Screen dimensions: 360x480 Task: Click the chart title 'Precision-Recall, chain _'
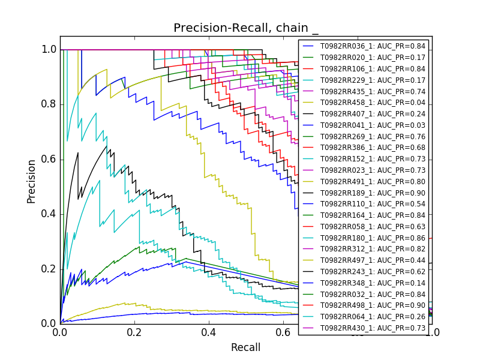tap(246, 28)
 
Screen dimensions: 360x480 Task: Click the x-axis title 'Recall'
tap(246, 347)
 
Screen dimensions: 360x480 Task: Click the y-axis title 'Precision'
tap(31, 181)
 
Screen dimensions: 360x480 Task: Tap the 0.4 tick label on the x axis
tap(209, 331)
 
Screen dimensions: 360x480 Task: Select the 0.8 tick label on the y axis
tap(49, 104)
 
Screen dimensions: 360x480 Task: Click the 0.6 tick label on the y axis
tap(49, 159)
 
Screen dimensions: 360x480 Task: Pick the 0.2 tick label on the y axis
tap(49, 269)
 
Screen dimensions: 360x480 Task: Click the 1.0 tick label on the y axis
tap(49, 49)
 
